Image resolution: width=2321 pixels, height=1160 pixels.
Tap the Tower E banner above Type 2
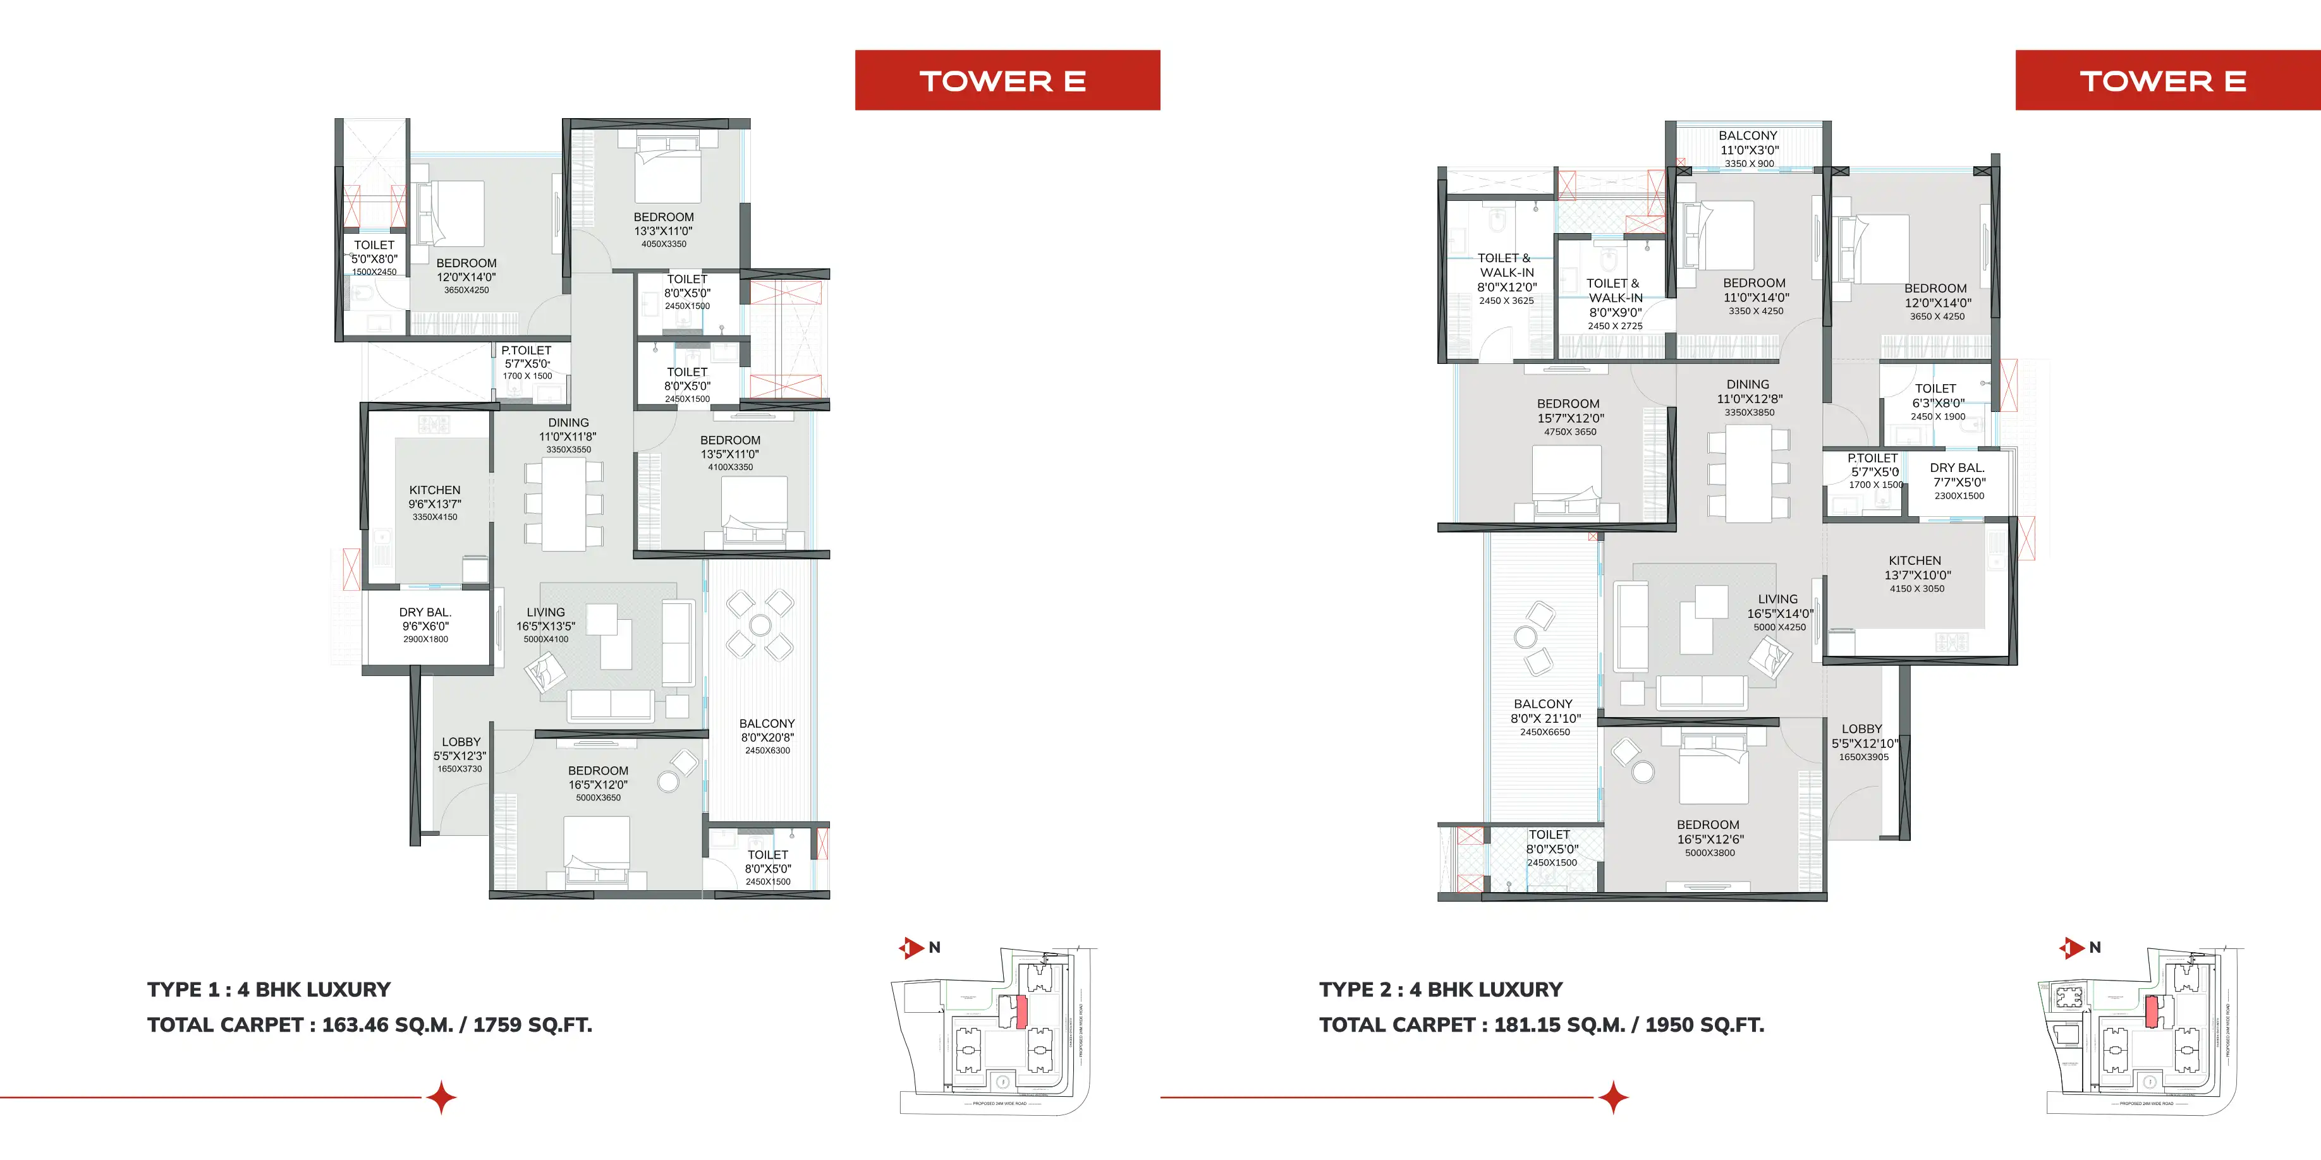point(2167,80)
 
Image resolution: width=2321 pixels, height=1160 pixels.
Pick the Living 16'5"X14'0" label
point(1779,612)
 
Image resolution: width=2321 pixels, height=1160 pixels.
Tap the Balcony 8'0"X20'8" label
point(767,736)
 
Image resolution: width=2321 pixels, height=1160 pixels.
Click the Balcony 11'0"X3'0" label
point(1748,148)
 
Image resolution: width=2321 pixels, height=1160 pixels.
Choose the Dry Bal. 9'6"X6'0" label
point(425,625)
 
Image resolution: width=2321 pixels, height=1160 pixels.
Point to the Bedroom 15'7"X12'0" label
point(1569,417)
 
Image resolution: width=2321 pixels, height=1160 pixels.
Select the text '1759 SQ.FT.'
point(532,1025)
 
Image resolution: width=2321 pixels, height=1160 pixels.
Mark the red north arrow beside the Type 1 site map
point(912,948)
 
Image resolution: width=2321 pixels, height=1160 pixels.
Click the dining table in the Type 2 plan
point(1748,473)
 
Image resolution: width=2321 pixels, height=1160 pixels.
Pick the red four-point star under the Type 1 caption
point(441,1098)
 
